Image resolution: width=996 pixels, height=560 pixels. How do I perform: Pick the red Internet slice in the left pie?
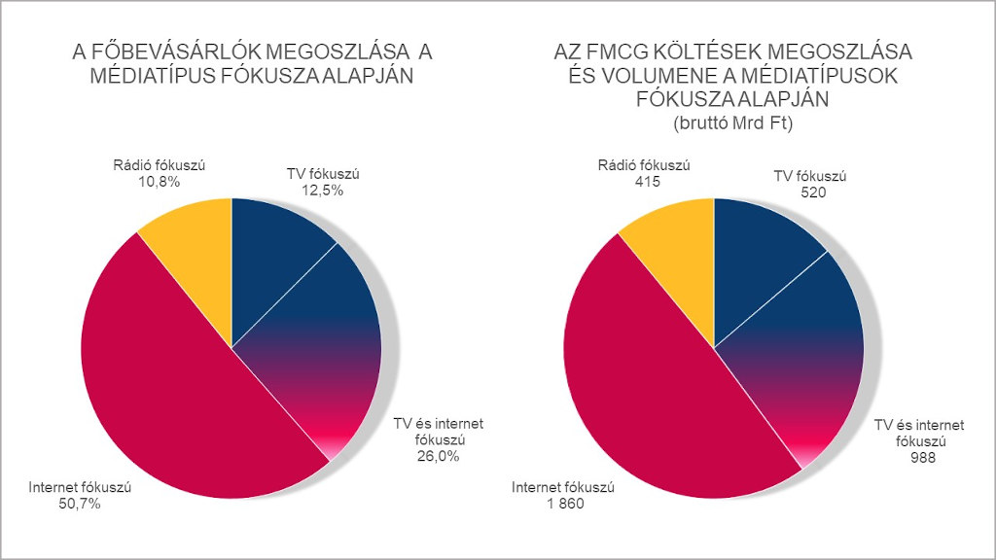point(165,389)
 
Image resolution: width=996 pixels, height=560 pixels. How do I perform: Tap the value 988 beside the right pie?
point(918,457)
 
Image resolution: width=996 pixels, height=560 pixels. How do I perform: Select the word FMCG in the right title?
point(630,52)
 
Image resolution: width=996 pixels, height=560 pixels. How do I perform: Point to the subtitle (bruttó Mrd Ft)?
point(734,123)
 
